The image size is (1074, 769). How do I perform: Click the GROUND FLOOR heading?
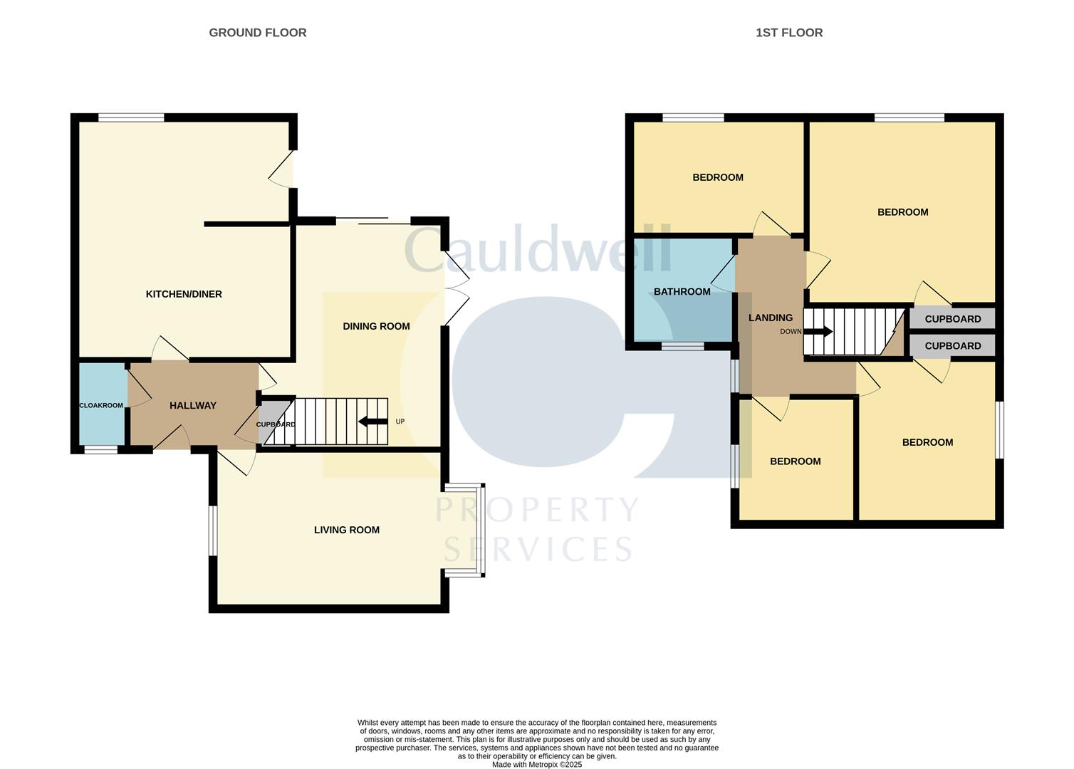point(257,33)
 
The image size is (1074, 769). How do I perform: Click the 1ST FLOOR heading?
point(788,33)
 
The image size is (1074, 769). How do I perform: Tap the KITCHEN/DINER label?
point(184,294)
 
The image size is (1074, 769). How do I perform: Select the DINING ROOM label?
point(376,326)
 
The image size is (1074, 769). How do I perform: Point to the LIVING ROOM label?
point(346,530)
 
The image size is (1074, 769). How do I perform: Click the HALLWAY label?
point(192,405)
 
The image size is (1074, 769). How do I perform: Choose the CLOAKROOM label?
point(100,405)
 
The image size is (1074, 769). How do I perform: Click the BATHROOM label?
point(682,291)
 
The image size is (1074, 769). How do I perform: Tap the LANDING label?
point(770,318)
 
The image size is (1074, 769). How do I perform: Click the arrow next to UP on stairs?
point(372,422)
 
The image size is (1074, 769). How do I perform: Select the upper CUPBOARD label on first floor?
point(952,319)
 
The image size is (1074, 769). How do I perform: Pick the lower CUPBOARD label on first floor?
point(952,346)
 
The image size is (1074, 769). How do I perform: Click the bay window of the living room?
point(481,530)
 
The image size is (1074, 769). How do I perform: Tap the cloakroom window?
point(101,449)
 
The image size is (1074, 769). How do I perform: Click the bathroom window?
point(682,346)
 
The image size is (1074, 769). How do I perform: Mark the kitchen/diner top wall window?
point(131,117)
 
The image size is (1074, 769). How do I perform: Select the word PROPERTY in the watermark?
point(537,510)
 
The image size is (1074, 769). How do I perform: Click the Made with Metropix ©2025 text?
point(537,765)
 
